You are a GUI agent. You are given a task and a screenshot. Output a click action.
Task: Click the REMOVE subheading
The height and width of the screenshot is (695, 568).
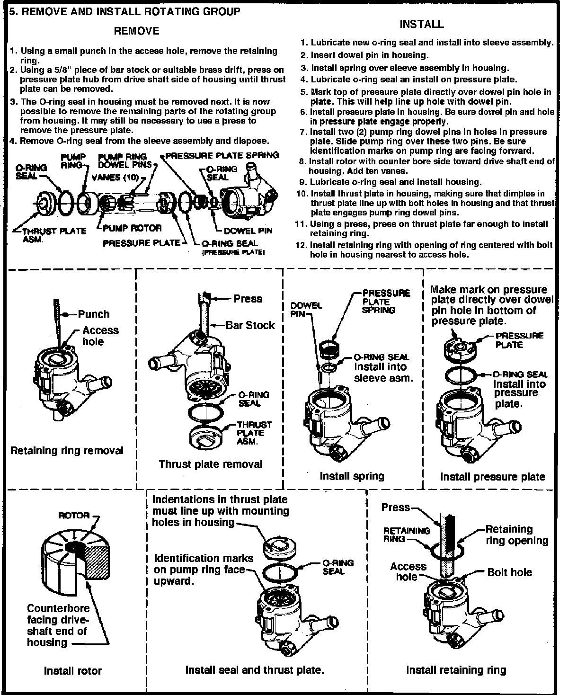[137, 31]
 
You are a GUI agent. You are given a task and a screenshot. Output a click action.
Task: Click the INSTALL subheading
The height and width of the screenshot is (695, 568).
[421, 24]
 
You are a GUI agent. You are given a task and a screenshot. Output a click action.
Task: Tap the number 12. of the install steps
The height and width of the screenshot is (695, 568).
[302, 245]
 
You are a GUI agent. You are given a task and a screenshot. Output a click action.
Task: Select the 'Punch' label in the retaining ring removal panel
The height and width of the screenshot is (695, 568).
[94, 314]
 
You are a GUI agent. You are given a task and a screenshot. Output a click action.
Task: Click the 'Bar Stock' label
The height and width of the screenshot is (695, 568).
[250, 325]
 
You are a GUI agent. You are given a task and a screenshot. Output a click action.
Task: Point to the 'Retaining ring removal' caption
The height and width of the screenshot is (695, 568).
[67, 450]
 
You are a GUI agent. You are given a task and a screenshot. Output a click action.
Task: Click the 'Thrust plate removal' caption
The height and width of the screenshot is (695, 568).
[210, 464]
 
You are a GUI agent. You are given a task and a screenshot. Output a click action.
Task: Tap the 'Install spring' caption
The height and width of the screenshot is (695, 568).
[352, 476]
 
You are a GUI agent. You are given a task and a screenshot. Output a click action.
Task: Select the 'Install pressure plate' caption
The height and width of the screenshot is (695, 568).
[493, 477]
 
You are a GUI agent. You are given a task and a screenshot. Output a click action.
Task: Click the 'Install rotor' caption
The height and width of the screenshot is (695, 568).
[73, 670]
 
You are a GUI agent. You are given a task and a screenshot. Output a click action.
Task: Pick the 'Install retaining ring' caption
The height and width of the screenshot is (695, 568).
[456, 669]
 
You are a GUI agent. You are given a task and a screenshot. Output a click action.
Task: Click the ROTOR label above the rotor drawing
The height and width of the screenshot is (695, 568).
[74, 515]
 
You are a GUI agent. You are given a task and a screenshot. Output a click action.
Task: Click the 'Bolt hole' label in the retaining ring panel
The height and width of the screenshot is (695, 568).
[509, 572]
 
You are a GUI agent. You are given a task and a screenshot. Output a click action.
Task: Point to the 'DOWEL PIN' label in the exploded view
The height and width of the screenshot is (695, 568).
[248, 231]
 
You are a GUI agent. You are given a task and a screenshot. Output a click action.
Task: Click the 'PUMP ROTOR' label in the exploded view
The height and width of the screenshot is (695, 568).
[132, 228]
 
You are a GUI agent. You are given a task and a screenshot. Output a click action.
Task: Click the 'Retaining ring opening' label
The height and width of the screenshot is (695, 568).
[516, 535]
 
